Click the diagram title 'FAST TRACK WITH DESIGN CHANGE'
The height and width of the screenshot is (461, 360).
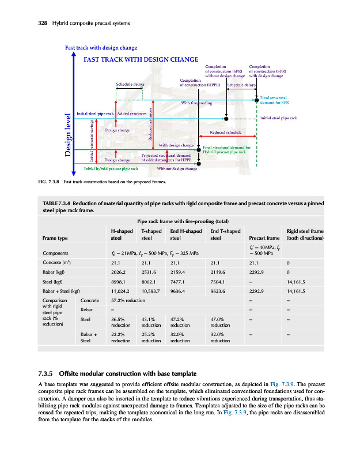tap(141, 59)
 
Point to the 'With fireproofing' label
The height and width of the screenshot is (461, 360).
tap(197, 103)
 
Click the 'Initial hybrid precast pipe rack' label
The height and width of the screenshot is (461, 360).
tap(111, 169)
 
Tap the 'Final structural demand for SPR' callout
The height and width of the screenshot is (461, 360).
tap(275, 101)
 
